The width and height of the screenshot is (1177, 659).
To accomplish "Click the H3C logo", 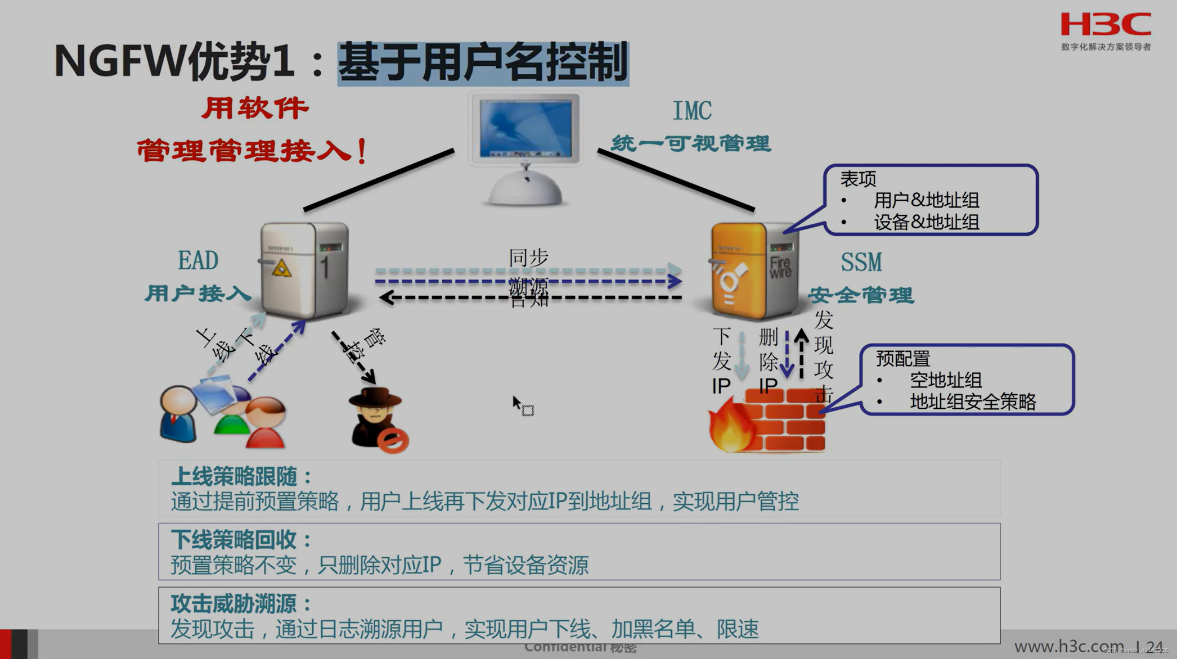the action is point(1106,25).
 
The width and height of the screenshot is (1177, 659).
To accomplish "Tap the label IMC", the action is point(692,111).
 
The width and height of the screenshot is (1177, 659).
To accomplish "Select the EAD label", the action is point(198,260).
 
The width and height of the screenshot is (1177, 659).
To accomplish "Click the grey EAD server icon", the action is point(304,270).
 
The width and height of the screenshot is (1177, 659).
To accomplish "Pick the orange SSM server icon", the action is point(753,270).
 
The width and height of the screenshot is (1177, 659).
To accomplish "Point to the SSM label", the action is point(861,263).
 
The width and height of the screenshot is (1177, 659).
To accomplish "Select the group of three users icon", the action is point(223,413).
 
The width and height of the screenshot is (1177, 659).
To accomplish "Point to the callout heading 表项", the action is point(858,179).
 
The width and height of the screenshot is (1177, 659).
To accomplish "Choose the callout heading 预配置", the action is point(902,359).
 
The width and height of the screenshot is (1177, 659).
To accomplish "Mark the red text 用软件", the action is point(255,108).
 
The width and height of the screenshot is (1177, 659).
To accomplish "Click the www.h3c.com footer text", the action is point(1068,646).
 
